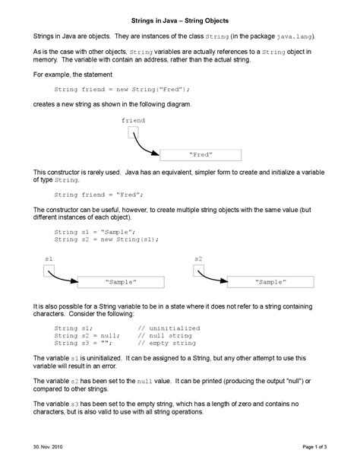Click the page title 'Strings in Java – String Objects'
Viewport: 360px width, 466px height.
coord(180,17)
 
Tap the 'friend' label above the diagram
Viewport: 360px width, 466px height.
coord(133,120)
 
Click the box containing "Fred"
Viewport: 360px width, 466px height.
coord(201,155)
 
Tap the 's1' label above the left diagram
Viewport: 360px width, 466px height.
coord(49,258)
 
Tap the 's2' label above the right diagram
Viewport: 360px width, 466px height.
coord(198,258)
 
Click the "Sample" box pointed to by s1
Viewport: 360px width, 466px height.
coord(121,282)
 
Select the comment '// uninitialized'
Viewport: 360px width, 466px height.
coord(169,328)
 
